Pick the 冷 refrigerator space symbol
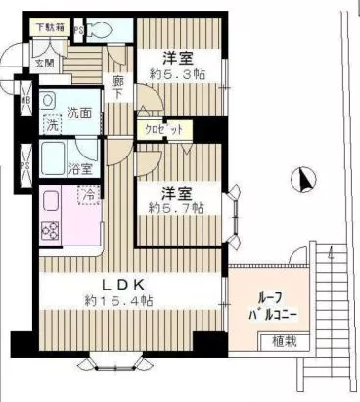[87, 195]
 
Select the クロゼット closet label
[163, 129]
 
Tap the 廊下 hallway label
[117, 89]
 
